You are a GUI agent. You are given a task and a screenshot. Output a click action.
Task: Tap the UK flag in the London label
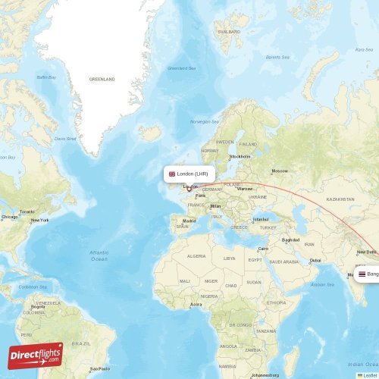pyautogui.click(x=172, y=174)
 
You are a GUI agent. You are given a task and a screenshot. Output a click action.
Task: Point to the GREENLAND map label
pyautogui.click(x=102, y=79)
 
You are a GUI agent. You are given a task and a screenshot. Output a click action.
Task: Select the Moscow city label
pyautogui.click(x=280, y=171)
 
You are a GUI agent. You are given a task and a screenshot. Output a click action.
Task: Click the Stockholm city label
pyautogui.click(x=240, y=157)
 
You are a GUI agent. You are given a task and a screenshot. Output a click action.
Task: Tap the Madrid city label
pyautogui.click(x=189, y=221)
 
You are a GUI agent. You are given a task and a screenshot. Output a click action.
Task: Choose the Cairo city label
pyautogui.click(x=264, y=249)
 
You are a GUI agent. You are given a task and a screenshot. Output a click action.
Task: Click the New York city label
pyautogui.click(x=39, y=221)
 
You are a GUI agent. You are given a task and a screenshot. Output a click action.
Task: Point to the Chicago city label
pyautogui.click(x=9, y=217)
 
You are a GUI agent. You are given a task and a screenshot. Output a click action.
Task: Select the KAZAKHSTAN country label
pyautogui.click(x=340, y=199)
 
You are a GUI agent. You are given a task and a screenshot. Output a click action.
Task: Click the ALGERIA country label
pyautogui.click(x=198, y=257)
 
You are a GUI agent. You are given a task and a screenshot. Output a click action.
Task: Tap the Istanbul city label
pyautogui.click(x=261, y=219)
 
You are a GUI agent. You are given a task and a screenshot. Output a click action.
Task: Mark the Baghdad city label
pyautogui.click(x=291, y=240)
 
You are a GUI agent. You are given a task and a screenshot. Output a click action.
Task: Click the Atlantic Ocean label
pyautogui.click(x=99, y=255)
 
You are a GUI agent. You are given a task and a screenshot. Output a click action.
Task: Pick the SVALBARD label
pyautogui.click(x=227, y=32)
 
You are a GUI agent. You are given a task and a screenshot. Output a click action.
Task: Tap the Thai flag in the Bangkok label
pyautogui.click(x=362, y=274)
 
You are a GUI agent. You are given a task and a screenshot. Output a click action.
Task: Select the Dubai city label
pyautogui.click(x=315, y=262)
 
